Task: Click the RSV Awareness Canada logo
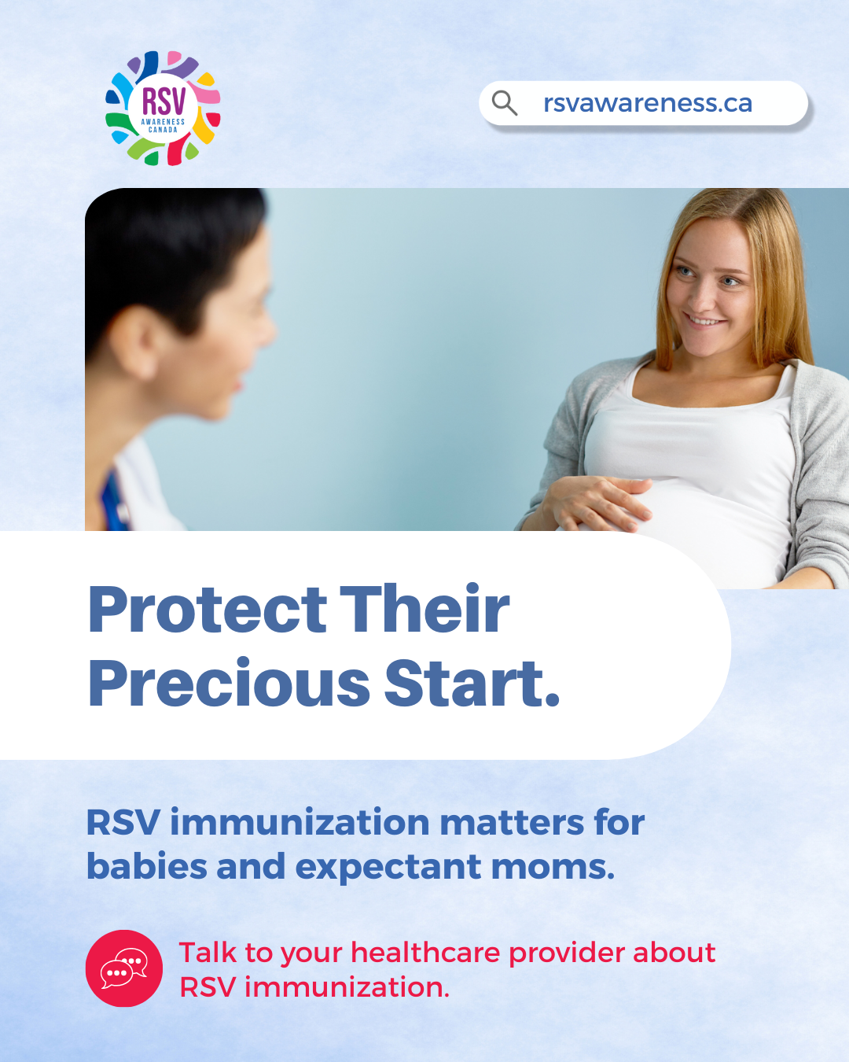coord(163,108)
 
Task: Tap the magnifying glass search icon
coord(504,103)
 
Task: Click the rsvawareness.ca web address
coord(648,103)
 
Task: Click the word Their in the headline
coord(424,607)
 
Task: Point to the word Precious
coord(229,683)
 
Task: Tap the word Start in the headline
coord(466,683)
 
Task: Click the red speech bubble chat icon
coord(124,968)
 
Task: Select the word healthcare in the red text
coord(425,952)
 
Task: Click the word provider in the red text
coord(566,953)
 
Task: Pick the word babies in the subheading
coord(146,866)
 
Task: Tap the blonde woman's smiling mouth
coord(704,321)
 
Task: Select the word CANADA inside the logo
coord(163,129)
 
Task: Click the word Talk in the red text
coord(208,952)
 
